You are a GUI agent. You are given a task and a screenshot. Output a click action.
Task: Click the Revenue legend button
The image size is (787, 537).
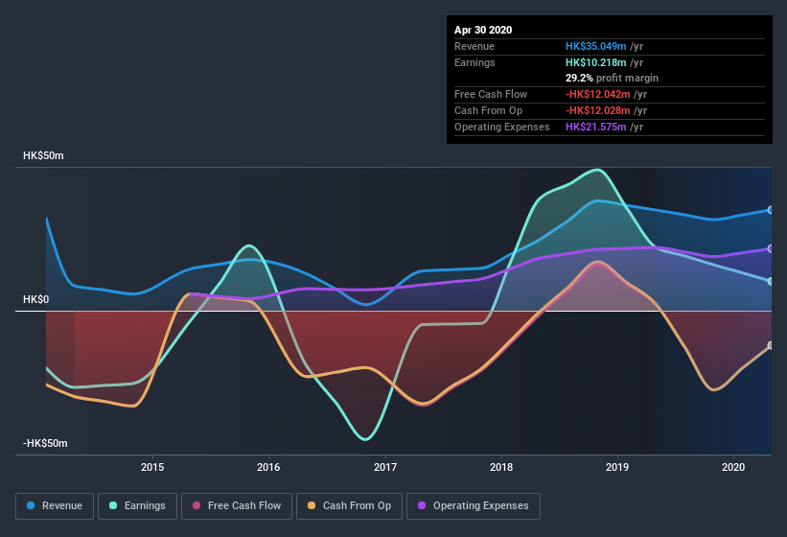tap(56, 505)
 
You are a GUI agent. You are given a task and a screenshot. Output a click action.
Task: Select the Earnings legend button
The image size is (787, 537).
tap(137, 505)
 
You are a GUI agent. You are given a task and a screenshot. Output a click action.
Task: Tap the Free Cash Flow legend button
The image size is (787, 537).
tap(238, 505)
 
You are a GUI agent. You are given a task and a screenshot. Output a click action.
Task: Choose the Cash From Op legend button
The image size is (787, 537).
tap(349, 505)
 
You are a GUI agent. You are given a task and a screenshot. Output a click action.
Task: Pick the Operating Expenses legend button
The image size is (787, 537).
tap(473, 505)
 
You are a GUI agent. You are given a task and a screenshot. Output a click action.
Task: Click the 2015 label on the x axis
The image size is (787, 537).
tap(152, 467)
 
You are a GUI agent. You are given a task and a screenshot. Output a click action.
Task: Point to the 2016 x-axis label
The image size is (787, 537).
tap(268, 467)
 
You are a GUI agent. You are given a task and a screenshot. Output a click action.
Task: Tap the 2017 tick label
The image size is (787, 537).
tap(385, 467)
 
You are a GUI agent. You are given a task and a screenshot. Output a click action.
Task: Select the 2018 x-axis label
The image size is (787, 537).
tap(500, 467)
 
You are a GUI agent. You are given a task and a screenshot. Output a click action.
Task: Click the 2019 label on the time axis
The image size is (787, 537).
tap(617, 467)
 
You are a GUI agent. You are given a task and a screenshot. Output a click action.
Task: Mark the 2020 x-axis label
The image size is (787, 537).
tap(733, 467)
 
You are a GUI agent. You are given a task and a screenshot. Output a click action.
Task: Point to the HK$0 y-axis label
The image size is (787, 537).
tap(35, 299)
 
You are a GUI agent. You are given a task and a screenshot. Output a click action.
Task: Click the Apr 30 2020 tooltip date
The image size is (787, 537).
tap(483, 30)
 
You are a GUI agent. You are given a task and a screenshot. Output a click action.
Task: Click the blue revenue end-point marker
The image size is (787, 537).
tap(771, 210)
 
